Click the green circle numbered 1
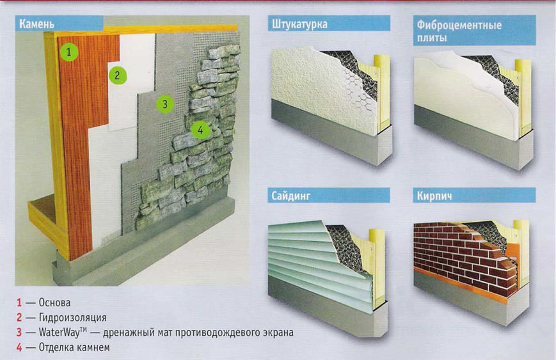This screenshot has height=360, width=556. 69,52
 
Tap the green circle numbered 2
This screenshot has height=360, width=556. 117,75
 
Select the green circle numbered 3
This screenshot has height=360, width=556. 164,104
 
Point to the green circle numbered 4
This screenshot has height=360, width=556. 200,130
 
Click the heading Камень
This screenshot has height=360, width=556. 37,24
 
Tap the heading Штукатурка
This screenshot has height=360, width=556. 299,24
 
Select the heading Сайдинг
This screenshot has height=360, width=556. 290,196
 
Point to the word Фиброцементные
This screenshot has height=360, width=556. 459,25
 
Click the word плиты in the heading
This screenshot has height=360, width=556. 431,38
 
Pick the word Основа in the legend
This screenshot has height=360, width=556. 54,302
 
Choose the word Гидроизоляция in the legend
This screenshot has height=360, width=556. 73,318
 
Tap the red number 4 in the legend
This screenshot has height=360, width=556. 19,347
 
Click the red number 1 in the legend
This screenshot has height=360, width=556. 19,302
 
